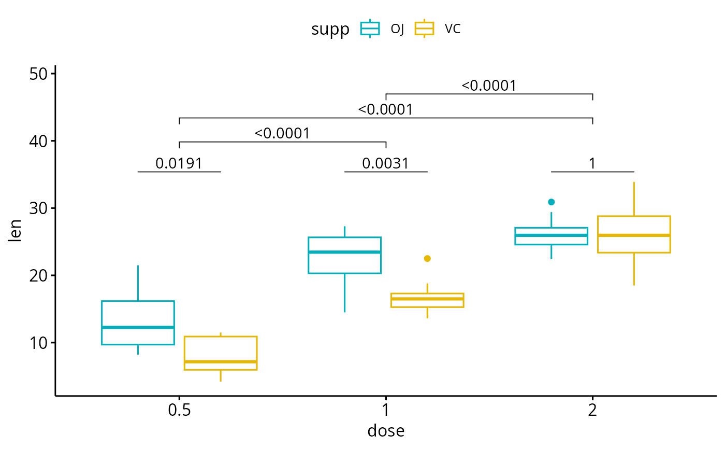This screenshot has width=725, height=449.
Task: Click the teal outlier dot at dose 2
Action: pos(552,202)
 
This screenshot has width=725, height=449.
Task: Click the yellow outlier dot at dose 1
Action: pos(427,258)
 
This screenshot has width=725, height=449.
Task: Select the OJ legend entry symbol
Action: pos(370,29)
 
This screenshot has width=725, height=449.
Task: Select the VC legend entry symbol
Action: pos(424,29)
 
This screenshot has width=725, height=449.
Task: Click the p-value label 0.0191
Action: pos(179,164)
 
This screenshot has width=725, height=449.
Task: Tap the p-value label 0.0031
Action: pos(386,164)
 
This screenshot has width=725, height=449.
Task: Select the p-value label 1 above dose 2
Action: pos(592,164)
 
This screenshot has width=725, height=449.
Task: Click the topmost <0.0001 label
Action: pos(489,86)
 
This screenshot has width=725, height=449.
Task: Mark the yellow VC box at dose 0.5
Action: pos(221,353)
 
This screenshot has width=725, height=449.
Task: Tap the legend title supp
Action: pos(330,30)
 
